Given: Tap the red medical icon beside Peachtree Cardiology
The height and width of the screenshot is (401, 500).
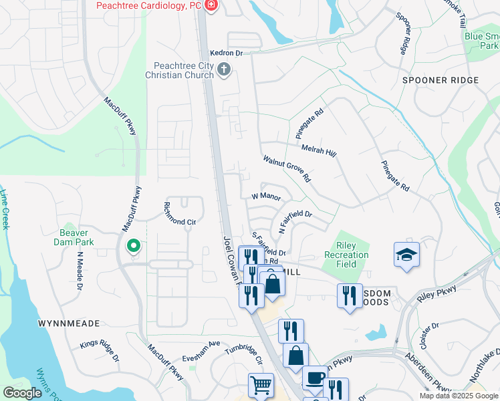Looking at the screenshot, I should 211,6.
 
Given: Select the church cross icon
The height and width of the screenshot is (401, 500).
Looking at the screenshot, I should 224,69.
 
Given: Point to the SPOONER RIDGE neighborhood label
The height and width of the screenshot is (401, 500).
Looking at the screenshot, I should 441,80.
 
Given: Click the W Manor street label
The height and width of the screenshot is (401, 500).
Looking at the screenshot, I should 265,196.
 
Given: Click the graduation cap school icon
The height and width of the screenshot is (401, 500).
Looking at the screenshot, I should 406,255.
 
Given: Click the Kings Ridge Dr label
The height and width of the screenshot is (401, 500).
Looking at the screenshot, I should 99,350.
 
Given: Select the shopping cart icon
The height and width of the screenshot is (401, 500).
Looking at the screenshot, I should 260,385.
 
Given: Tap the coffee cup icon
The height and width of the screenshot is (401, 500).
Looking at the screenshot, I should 315,378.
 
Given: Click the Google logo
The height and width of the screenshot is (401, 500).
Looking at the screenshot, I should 22,393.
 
